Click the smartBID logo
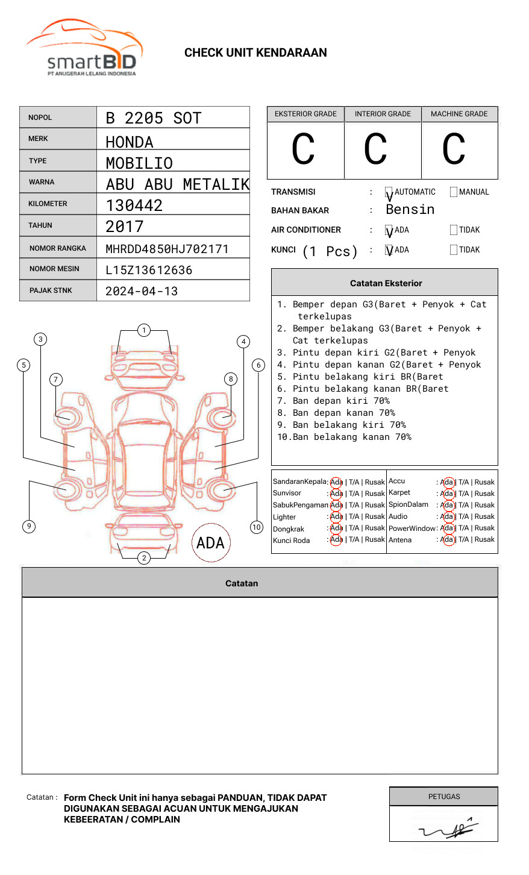point(84,48)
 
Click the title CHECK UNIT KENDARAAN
point(255,53)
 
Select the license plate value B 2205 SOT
point(153,118)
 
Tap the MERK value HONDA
point(130,142)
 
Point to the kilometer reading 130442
point(134,205)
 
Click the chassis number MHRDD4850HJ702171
point(167,249)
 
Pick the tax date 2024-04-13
point(142,291)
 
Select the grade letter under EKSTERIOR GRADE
point(303,149)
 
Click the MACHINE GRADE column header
point(459,114)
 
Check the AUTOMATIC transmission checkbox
point(389,192)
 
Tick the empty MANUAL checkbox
point(454,192)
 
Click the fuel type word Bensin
point(410,210)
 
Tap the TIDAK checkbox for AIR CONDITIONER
point(454,230)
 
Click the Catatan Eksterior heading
point(386,283)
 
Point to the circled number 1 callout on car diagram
point(143,330)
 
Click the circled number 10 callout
point(257,527)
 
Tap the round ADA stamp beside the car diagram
point(211,543)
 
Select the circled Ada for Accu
point(447,482)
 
